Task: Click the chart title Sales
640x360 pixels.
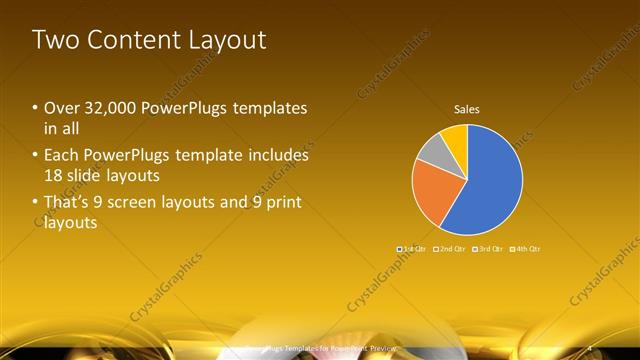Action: (467, 108)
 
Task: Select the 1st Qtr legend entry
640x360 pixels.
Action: (413, 248)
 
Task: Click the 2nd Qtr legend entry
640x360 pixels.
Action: (451, 248)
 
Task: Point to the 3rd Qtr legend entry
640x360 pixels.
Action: (488, 248)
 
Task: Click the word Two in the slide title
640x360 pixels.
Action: (54, 40)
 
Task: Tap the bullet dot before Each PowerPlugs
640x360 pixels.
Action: (35, 156)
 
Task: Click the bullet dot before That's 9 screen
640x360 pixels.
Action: (35, 203)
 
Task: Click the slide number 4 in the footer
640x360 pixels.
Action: (590, 346)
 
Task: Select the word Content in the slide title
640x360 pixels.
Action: (129, 40)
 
